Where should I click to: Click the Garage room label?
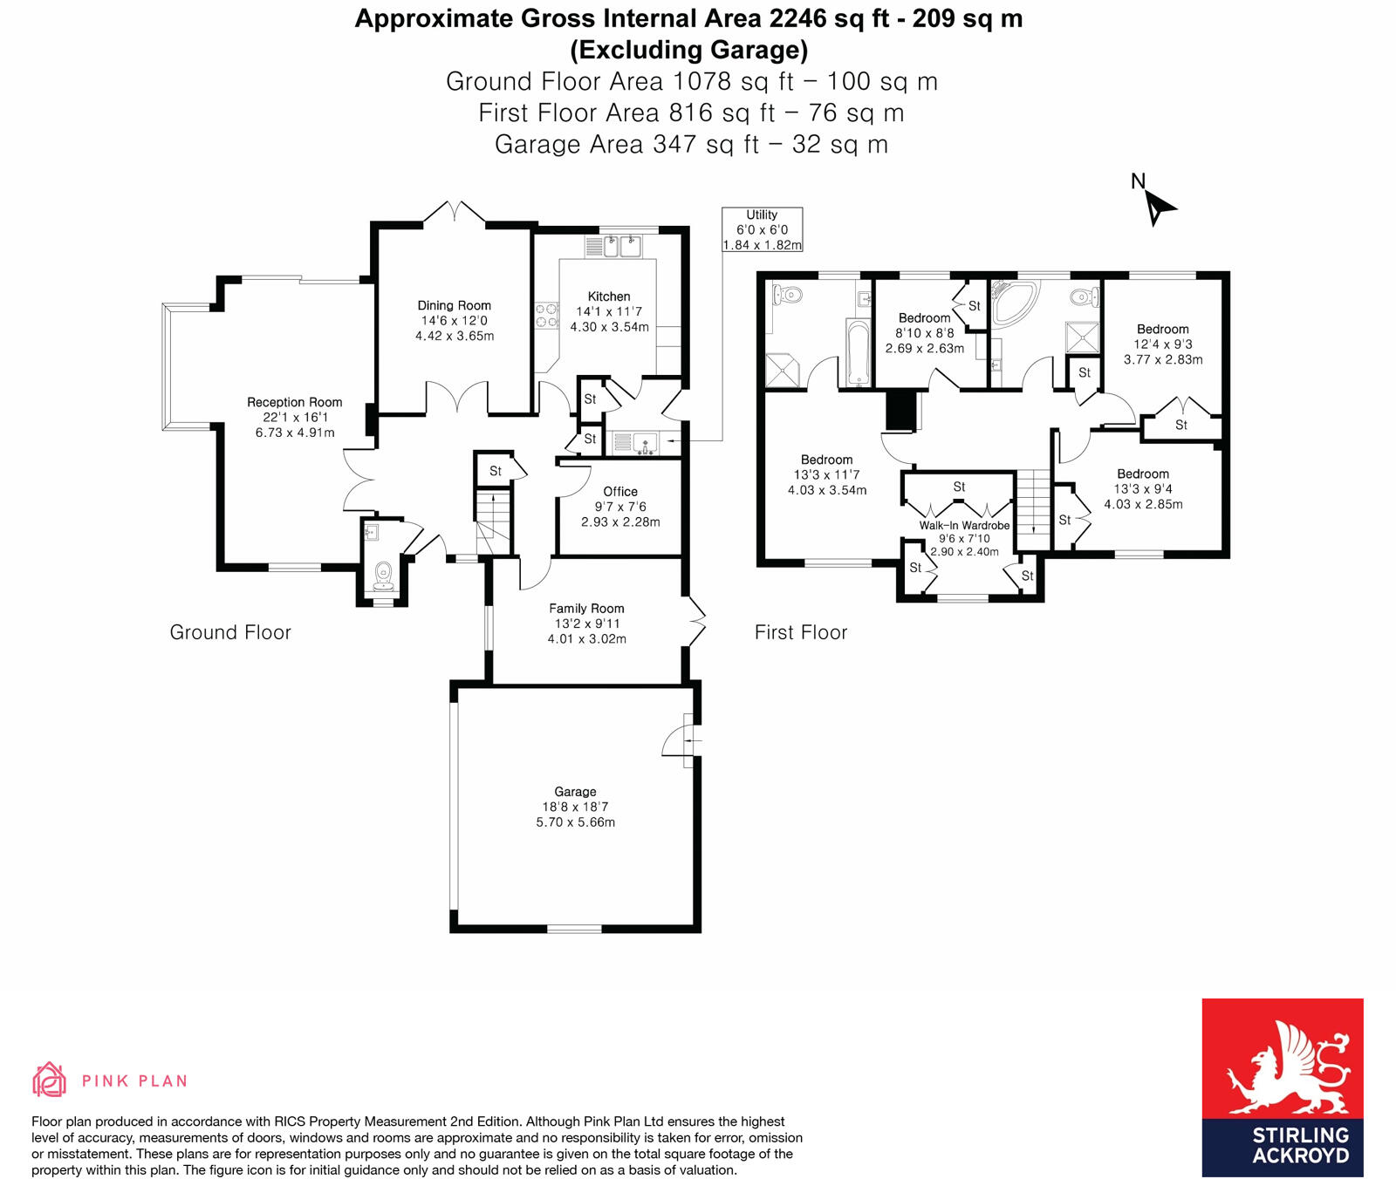(x=575, y=792)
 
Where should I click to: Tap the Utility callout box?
(x=762, y=230)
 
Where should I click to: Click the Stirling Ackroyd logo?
(x=1282, y=1087)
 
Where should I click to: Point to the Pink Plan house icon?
(x=49, y=1080)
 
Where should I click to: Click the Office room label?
(x=620, y=492)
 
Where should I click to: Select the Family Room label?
(x=586, y=609)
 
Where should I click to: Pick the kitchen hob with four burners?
(x=546, y=316)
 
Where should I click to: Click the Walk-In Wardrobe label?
(x=964, y=526)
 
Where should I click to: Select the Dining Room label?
(x=454, y=305)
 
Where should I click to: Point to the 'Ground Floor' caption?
(x=230, y=632)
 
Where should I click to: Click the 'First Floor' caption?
(x=800, y=632)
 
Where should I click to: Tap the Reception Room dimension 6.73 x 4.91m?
(x=295, y=433)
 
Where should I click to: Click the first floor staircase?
(x=1034, y=501)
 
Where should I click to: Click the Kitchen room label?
(x=609, y=296)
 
